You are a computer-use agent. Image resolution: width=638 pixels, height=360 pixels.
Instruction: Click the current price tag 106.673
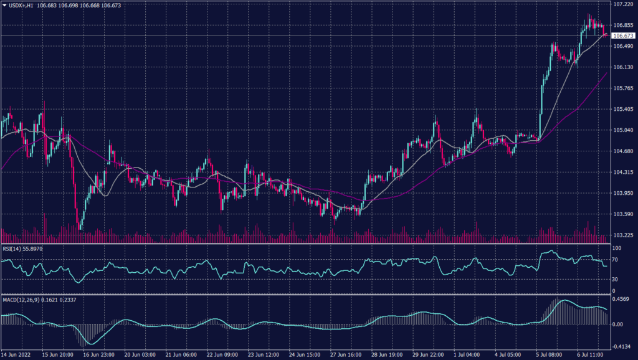(x=623, y=36)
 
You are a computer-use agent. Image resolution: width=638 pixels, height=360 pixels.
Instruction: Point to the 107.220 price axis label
(x=623, y=4)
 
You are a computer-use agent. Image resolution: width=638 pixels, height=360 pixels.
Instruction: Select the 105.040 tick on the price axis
(x=623, y=130)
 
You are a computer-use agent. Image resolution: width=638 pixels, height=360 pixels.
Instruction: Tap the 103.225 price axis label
(x=623, y=235)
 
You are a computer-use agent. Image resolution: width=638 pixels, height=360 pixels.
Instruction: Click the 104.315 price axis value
(x=623, y=173)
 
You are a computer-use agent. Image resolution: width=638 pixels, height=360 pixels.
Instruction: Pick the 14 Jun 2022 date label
(x=17, y=355)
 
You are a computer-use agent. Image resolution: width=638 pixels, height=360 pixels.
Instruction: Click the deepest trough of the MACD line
(x=91, y=344)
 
